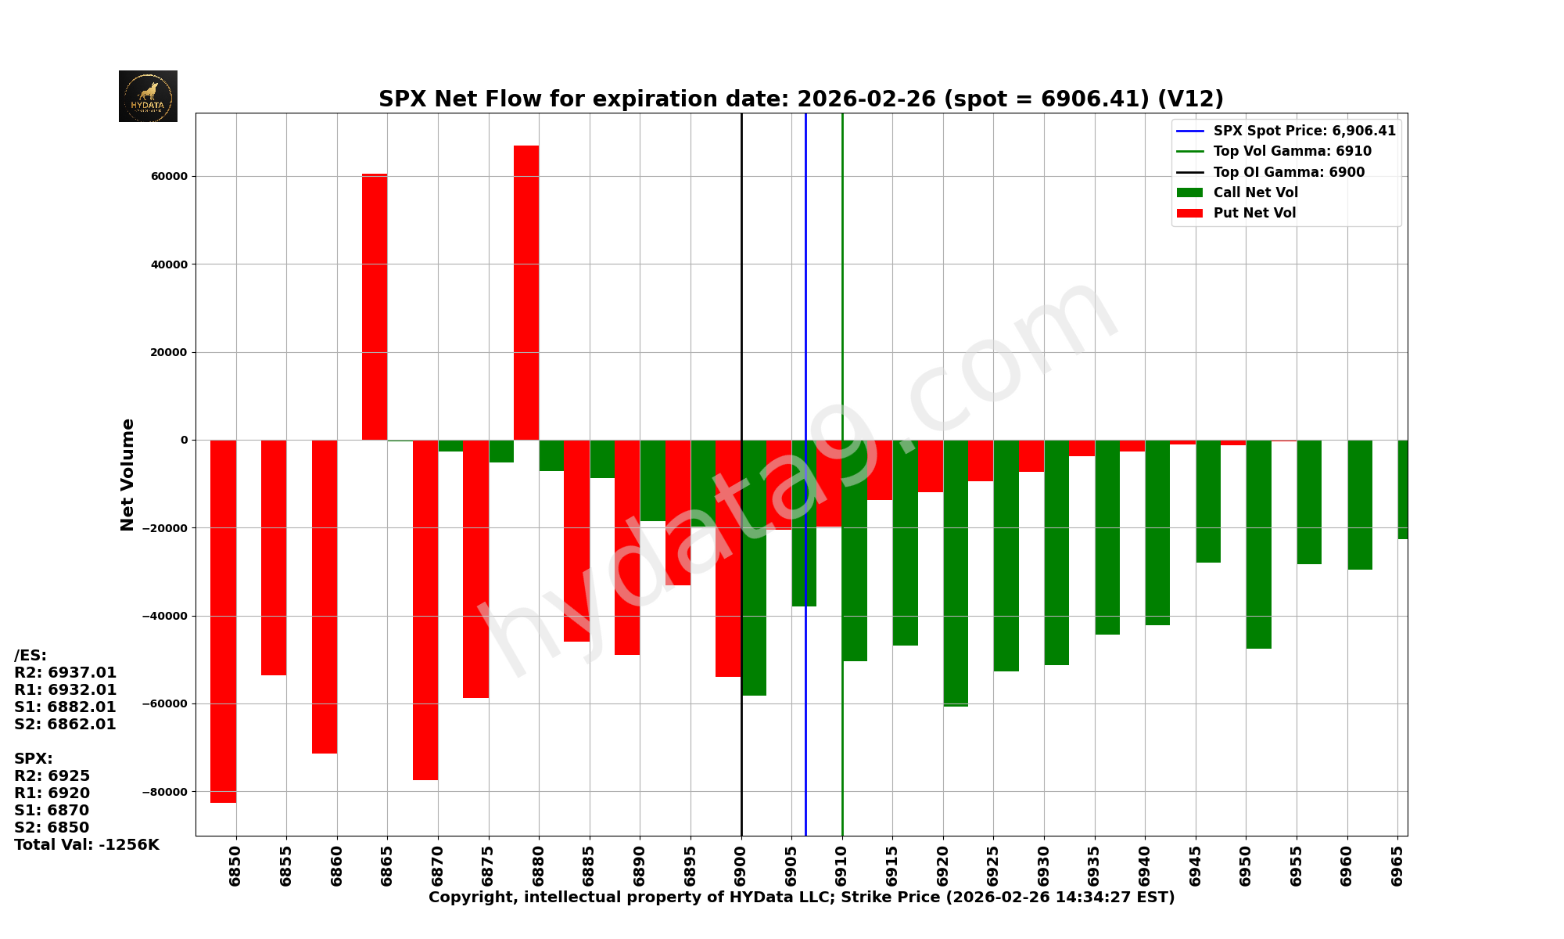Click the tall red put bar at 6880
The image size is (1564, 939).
click(x=526, y=293)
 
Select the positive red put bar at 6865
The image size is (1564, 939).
click(x=375, y=307)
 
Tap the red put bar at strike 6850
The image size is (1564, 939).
click(x=223, y=621)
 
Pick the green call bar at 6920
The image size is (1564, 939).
click(x=956, y=573)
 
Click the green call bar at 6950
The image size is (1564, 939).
click(x=1258, y=545)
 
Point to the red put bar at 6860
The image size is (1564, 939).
click(x=325, y=596)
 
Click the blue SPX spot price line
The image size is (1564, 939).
click(x=805, y=313)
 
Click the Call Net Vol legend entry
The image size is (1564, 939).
click(x=1255, y=192)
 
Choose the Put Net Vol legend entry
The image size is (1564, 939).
click(x=1254, y=213)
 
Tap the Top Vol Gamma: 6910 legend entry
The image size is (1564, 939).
click(x=1292, y=151)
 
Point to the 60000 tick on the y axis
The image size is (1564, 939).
click(x=169, y=176)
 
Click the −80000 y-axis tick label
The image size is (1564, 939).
click(x=165, y=791)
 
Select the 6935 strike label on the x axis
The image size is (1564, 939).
click(x=1095, y=865)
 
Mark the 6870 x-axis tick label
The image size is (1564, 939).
click(x=438, y=865)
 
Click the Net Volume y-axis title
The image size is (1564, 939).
click(x=127, y=474)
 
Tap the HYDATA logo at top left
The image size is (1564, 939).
click(x=148, y=96)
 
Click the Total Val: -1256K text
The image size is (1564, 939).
click(x=87, y=844)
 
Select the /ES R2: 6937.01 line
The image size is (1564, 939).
click(x=66, y=672)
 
